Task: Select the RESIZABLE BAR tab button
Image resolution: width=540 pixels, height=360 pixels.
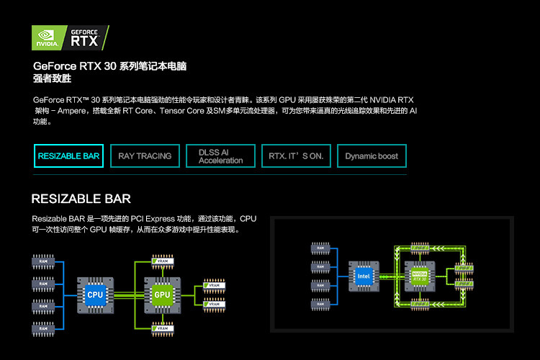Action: pyautogui.click(x=68, y=156)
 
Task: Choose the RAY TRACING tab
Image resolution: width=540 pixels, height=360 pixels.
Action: pyautogui.click(x=145, y=156)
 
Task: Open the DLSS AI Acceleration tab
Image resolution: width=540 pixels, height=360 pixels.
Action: pyautogui.click(x=220, y=156)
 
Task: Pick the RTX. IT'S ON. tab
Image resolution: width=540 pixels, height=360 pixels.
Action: pyautogui.click(x=296, y=156)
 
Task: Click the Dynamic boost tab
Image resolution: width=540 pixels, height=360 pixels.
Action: pyautogui.click(x=372, y=156)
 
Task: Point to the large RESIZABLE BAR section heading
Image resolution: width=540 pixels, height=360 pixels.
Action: pyautogui.click(x=81, y=199)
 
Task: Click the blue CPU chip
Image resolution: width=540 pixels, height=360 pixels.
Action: pyautogui.click(x=96, y=294)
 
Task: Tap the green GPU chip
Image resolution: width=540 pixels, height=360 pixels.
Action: pyautogui.click(x=161, y=294)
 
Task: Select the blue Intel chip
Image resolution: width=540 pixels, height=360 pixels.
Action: pyautogui.click(x=364, y=276)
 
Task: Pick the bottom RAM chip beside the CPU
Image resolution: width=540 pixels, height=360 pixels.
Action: pyautogui.click(x=43, y=329)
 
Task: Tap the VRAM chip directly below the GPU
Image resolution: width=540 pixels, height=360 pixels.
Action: pyautogui.click(x=161, y=329)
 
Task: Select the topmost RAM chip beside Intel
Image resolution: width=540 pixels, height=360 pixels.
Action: pyautogui.click(x=320, y=248)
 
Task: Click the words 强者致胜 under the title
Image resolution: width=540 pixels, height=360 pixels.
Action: pyautogui.click(x=53, y=78)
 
